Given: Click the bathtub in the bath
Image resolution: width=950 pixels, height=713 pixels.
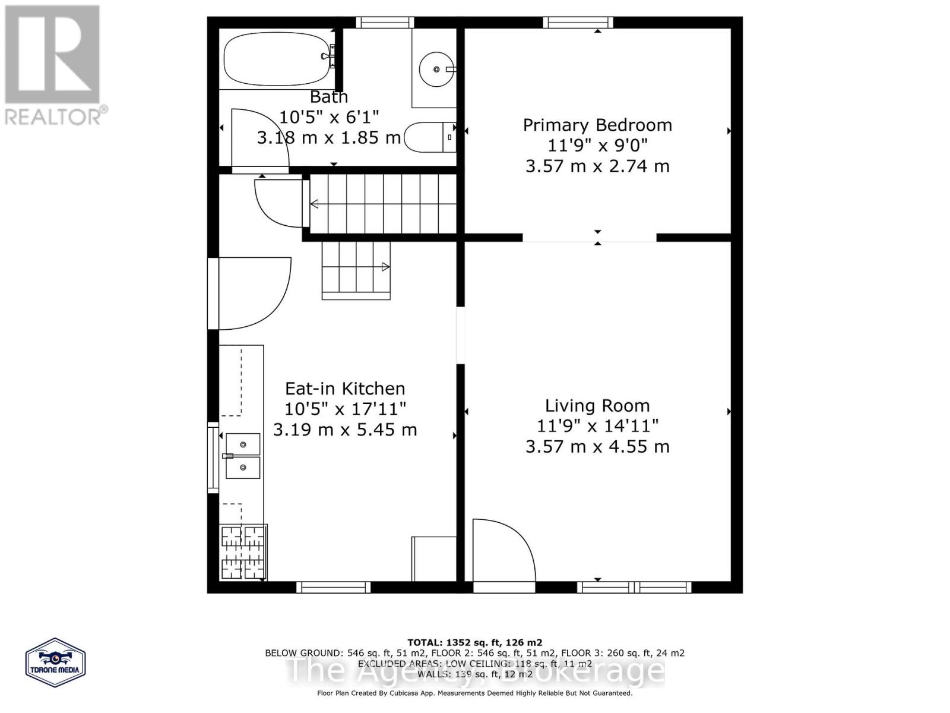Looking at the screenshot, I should click(276, 59).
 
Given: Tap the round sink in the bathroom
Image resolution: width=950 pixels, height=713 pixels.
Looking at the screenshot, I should click(436, 70).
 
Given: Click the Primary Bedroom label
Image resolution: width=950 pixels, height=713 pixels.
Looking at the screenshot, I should click(597, 125).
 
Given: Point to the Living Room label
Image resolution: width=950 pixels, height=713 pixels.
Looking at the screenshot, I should click(597, 406).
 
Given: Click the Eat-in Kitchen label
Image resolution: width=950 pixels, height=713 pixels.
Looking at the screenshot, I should click(345, 389).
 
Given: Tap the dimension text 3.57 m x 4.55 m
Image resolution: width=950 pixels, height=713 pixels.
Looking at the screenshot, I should click(597, 446).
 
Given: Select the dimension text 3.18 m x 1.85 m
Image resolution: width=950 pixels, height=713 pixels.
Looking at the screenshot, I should click(328, 138).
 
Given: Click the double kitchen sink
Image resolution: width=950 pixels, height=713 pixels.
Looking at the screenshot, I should click(243, 456).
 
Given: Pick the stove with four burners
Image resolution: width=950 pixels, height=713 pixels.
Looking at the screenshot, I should click(243, 553).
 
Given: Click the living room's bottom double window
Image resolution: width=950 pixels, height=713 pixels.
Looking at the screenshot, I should click(634, 588).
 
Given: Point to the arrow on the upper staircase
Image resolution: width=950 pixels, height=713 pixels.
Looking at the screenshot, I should click(314, 204).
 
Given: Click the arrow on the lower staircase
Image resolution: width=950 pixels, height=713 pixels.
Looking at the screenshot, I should click(385, 267).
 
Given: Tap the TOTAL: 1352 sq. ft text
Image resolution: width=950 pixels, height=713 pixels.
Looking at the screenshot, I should click(474, 642).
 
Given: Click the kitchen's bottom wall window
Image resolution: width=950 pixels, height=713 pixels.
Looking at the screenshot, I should click(333, 588).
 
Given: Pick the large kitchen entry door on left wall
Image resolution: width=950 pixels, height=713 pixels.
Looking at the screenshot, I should click(249, 293).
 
